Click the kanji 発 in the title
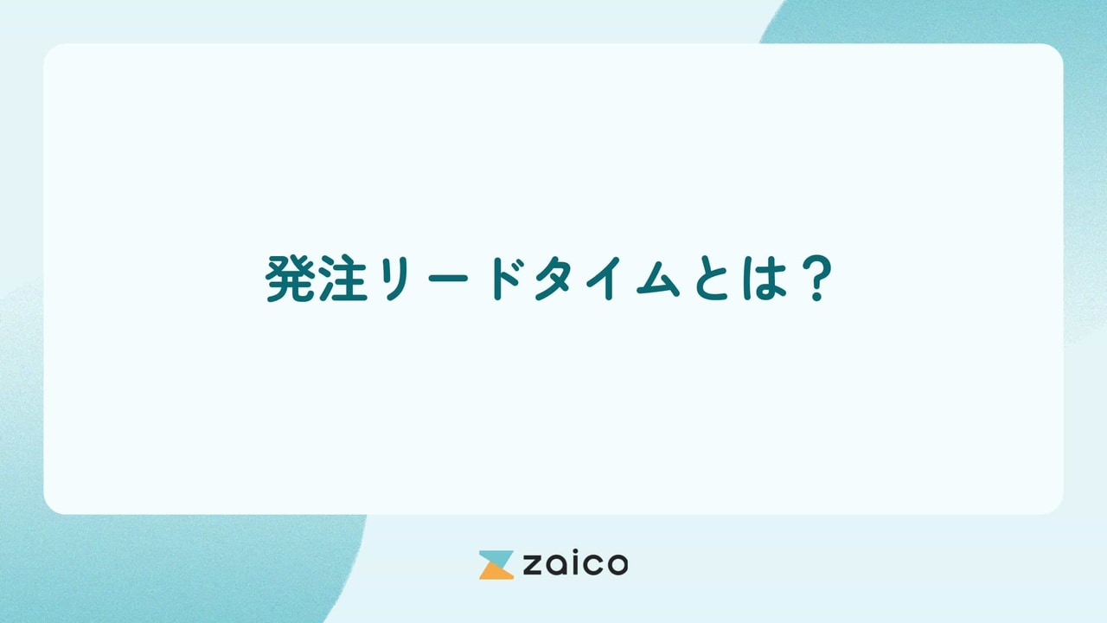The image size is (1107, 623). [289, 279]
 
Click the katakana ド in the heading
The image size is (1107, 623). [509, 279]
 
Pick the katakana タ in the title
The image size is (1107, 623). [558, 279]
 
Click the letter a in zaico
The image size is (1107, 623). [556, 567]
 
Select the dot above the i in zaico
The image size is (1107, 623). [574, 553]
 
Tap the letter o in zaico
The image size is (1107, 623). [617, 567]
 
